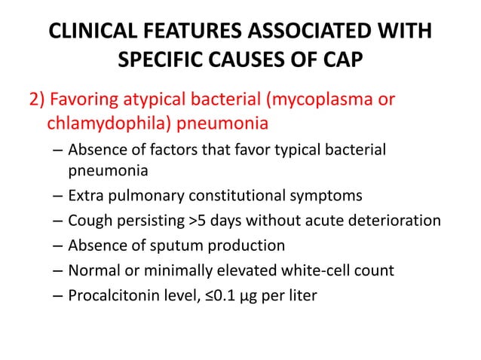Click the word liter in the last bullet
coord(302,295)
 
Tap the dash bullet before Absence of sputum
coord(58,246)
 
